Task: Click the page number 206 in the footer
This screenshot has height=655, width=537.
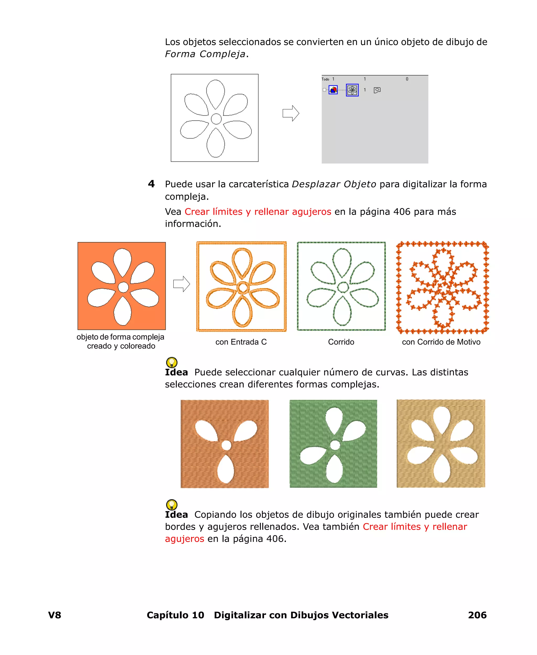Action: click(x=477, y=615)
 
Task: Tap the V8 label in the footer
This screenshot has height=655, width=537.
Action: click(x=55, y=615)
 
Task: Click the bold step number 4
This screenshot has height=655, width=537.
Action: click(x=151, y=184)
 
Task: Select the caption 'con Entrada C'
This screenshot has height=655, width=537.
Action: click(x=241, y=342)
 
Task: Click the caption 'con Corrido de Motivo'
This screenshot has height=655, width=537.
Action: click(x=441, y=342)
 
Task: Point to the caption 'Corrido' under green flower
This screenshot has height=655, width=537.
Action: click(x=341, y=342)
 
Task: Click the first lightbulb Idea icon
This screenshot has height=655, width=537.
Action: click(x=172, y=362)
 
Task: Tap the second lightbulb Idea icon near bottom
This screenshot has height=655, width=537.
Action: click(x=172, y=504)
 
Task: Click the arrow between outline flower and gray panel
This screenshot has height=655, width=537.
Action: click(x=291, y=113)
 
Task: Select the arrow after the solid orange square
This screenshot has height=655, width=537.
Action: click(x=181, y=284)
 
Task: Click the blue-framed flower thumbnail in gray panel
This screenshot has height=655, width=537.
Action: click(x=352, y=90)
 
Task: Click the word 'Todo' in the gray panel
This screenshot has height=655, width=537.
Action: click(x=325, y=79)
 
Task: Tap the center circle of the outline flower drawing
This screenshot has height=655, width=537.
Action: click(x=216, y=119)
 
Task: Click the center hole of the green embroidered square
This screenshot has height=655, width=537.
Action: click(x=335, y=445)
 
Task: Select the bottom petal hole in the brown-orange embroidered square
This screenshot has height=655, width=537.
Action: click(x=226, y=469)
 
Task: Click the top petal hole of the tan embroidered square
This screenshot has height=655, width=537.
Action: click(x=442, y=419)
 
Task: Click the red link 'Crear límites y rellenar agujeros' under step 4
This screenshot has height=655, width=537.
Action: click(x=258, y=212)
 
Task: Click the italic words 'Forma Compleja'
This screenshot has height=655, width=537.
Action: click(x=205, y=54)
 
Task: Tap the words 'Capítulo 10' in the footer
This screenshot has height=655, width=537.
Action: click(x=175, y=615)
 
